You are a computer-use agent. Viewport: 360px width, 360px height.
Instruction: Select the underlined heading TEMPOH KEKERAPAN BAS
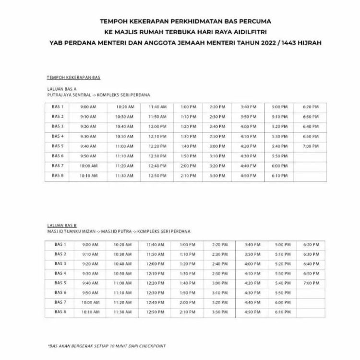(x=73, y=78)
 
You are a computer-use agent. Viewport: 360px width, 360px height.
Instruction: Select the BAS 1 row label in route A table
(x=58, y=107)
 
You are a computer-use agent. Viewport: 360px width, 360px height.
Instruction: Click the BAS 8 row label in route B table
(x=60, y=312)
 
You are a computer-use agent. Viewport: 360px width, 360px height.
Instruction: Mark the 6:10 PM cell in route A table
(x=279, y=176)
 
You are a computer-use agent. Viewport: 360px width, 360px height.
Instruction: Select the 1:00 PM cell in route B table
(x=187, y=244)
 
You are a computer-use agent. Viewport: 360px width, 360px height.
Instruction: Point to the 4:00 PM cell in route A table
(x=248, y=126)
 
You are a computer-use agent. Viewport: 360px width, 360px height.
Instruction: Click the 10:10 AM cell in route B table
(x=89, y=312)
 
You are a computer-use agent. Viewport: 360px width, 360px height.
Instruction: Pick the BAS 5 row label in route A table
(x=58, y=146)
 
